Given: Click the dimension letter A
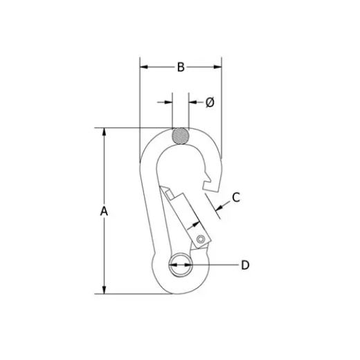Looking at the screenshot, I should (x=105, y=211).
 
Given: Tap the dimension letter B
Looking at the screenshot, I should (x=181, y=67).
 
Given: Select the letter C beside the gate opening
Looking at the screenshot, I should (x=235, y=197).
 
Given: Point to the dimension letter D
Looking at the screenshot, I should (x=244, y=264).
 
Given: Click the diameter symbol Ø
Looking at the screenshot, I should (x=210, y=102).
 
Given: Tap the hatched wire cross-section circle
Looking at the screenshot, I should (x=180, y=135).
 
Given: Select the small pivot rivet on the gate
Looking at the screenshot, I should (x=201, y=239).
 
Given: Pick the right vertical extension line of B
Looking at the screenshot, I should (x=222, y=104).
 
